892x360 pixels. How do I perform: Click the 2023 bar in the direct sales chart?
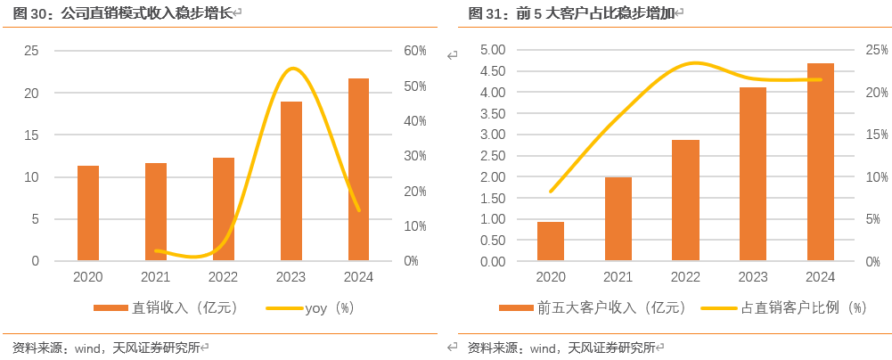(x=291, y=182)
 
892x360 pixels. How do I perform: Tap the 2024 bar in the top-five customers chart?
(x=820, y=162)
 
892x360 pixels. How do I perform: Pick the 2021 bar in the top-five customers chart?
(x=618, y=219)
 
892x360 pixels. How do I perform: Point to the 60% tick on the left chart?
(x=415, y=51)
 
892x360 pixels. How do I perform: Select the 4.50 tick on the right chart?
(x=493, y=71)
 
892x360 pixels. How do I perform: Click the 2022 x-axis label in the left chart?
(x=224, y=277)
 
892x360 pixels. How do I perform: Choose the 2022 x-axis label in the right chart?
(x=685, y=277)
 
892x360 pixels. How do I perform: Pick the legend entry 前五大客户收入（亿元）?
(x=593, y=308)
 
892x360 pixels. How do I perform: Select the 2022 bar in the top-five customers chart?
(x=685, y=200)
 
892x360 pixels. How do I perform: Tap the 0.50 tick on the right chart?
(x=493, y=241)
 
